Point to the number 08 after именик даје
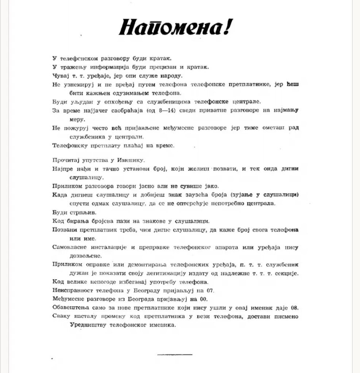(295, 308)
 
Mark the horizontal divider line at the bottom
(175, 354)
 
